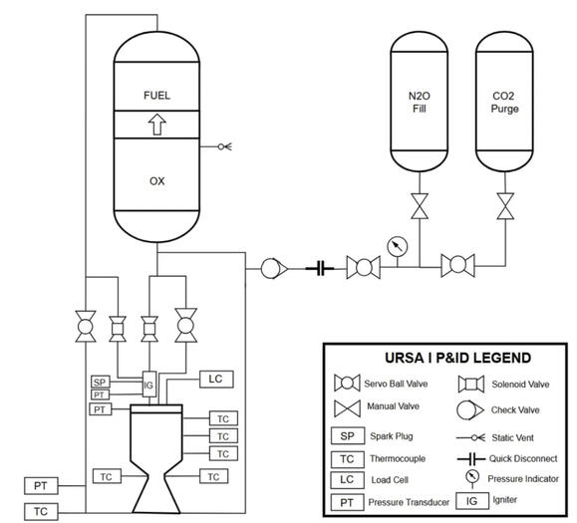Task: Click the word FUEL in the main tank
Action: pos(156,96)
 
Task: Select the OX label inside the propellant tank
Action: pos(156,182)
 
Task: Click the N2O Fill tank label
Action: pos(418,103)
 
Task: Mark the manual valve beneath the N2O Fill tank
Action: pos(418,208)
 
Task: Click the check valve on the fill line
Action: pos(272,268)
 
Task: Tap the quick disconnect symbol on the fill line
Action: pos(320,268)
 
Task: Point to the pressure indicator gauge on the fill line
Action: pos(399,245)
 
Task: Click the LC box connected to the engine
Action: pos(215,379)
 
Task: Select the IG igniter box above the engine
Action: pos(149,385)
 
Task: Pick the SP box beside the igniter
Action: pos(100,382)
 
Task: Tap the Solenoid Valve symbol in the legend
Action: pos(467,384)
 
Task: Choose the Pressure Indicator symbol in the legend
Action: pos(467,477)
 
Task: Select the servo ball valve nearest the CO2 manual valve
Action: pos(457,267)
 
